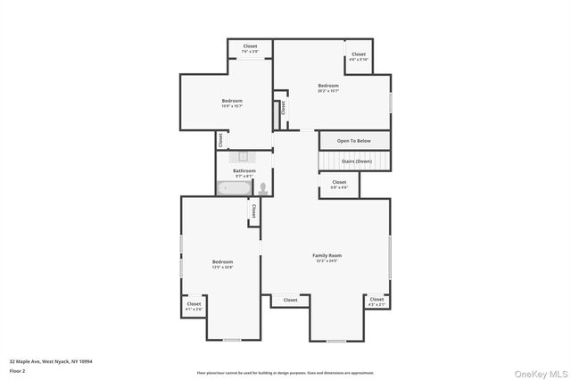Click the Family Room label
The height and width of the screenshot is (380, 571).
328,255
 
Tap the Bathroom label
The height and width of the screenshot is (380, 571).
244,170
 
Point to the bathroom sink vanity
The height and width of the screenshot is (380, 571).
243,155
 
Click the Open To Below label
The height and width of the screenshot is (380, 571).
354,141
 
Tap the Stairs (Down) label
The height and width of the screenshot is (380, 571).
354,161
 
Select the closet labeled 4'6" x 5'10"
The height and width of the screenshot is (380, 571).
359,56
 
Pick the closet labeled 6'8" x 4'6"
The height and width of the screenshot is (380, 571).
339,185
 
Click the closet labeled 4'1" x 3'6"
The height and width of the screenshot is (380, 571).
194,306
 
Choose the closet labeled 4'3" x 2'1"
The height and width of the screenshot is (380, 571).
377,302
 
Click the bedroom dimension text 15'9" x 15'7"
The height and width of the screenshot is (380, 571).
232,106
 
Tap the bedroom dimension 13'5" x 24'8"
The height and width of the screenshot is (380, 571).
222,267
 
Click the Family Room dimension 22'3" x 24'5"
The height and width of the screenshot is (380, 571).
328,260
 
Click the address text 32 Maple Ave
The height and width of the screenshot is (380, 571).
51,361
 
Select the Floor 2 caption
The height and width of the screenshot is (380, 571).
18,370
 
